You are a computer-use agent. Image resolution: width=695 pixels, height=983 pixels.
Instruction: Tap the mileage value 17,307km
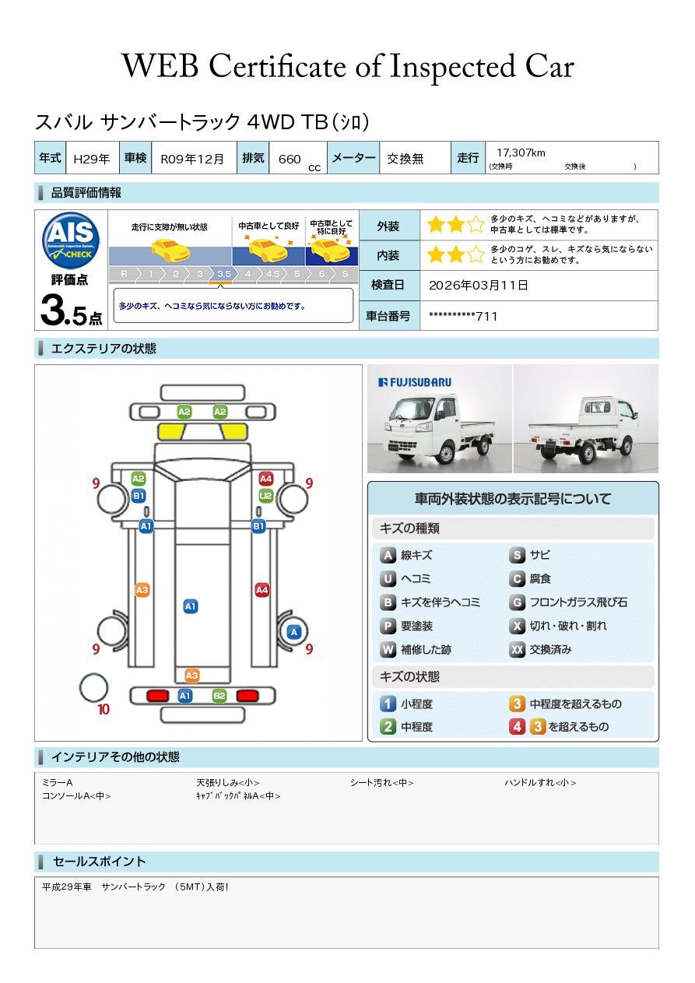pos(521,153)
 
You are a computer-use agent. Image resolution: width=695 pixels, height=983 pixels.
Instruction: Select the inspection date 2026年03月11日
pos(479,285)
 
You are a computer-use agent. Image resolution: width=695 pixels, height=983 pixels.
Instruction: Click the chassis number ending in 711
pos(463,316)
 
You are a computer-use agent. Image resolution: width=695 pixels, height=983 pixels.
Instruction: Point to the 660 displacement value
pos(290,159)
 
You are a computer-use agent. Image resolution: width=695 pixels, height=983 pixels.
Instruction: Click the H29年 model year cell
pos(92,159)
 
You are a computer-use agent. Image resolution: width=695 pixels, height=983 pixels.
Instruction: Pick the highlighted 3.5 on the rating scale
pos(224,274)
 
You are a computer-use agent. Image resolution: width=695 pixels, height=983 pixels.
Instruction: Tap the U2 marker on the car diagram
pos(266,496)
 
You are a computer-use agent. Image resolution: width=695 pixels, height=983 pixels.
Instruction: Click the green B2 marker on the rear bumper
pos(219,696)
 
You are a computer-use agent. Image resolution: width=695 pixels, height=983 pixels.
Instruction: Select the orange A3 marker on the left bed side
pos(142,590)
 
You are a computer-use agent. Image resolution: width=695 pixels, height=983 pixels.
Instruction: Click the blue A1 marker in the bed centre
pos(191,606)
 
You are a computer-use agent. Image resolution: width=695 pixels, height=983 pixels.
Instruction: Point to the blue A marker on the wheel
pos(294,632)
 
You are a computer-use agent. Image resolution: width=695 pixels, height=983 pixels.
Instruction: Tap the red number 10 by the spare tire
pos(104,710)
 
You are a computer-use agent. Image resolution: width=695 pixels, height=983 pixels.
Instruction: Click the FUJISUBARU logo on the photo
pos(415,382)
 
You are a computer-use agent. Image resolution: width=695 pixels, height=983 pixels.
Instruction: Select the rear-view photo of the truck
pos(586,419)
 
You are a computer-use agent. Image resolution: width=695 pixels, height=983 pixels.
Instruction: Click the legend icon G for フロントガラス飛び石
pos(517,602)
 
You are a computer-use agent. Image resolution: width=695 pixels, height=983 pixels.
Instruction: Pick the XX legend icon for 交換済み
pos(517,649)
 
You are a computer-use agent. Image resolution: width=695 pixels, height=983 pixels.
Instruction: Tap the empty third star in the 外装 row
pos(476,225)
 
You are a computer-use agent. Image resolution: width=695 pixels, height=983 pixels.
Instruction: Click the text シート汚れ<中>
pos(381,782)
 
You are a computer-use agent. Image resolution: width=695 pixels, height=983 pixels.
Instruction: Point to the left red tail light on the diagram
pos(157,696)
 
